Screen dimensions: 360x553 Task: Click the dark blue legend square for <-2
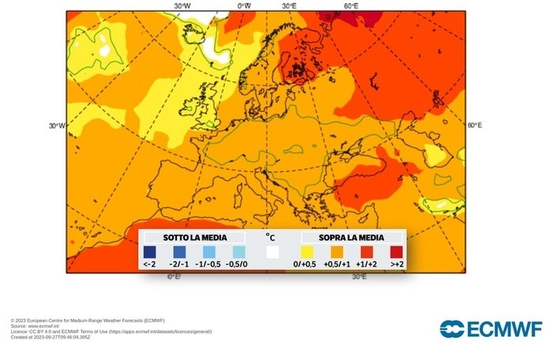coord(150,252)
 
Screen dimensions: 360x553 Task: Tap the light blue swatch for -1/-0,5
coord(209,252)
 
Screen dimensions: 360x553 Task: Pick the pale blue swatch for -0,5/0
coord(238,252)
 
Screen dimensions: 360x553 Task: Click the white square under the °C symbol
coord(273,253)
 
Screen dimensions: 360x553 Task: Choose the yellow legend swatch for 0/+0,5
coord(304,252)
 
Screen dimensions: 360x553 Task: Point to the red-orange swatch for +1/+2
coord(367,252)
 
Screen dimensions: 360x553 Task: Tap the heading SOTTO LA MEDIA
coord(194,237)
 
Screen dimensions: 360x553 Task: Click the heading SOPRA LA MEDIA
coord(351,237)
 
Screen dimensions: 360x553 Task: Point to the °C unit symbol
coord(270,236)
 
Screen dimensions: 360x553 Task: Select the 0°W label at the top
coord(244,6)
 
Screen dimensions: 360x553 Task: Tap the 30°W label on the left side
coord(56,126)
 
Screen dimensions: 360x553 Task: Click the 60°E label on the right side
coord(474,126)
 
